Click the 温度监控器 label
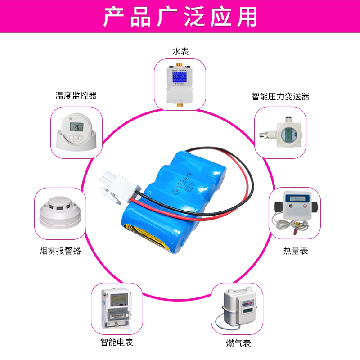tap(76, 96)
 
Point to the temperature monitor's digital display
tap(78, 127)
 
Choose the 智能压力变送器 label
tap(280, 96)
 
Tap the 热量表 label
tap(296, 251)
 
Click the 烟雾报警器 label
tap(60, 251)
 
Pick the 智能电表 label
tap(117, 342)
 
